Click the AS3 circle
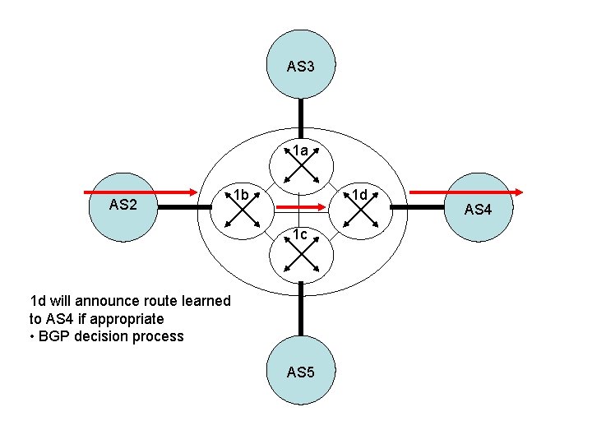tap(301, 65)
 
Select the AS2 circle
tap(123, 206)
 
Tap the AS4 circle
tap(477, 210)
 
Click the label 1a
tap(301, 151)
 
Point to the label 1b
tap(239, 195)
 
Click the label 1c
tap(300, 235)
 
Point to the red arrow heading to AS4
tap(465, 192)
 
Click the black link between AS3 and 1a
tap(302, 117)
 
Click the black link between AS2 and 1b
tap(183, 209)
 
